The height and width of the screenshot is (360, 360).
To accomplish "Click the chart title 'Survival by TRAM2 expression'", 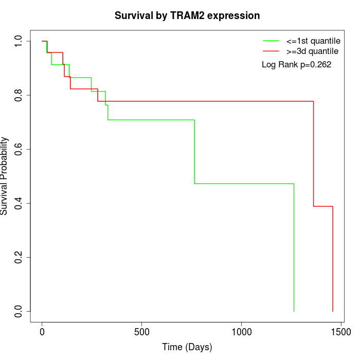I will (x=187, y=16).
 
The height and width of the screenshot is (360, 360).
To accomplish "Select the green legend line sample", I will (x=271, y=40).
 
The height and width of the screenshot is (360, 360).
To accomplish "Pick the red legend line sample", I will (x=271, y=51).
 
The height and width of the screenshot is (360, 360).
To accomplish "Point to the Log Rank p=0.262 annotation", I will (x=296, y=64).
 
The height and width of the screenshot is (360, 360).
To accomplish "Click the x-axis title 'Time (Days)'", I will (x=187, y=347).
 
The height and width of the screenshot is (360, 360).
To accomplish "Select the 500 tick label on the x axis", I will (x=141, y=332).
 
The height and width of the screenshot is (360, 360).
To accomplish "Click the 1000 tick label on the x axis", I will (x=241, y=332).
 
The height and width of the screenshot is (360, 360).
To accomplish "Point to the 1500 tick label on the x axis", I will (x=340, y=332).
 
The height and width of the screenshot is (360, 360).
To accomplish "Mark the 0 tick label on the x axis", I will (x=42, y=332).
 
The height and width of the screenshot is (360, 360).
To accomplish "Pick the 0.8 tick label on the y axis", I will (x=19, y=95).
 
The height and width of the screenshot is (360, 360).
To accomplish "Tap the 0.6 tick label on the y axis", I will (x=19, y=149).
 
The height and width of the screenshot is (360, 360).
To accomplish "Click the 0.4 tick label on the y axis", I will (x=19, y=203).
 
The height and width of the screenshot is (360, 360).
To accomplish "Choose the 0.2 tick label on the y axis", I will (x=19, y=257).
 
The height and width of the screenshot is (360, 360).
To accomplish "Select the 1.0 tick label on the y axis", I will (x=19, y=41).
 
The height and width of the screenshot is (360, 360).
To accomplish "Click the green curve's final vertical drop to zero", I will (x=294, y=247).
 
